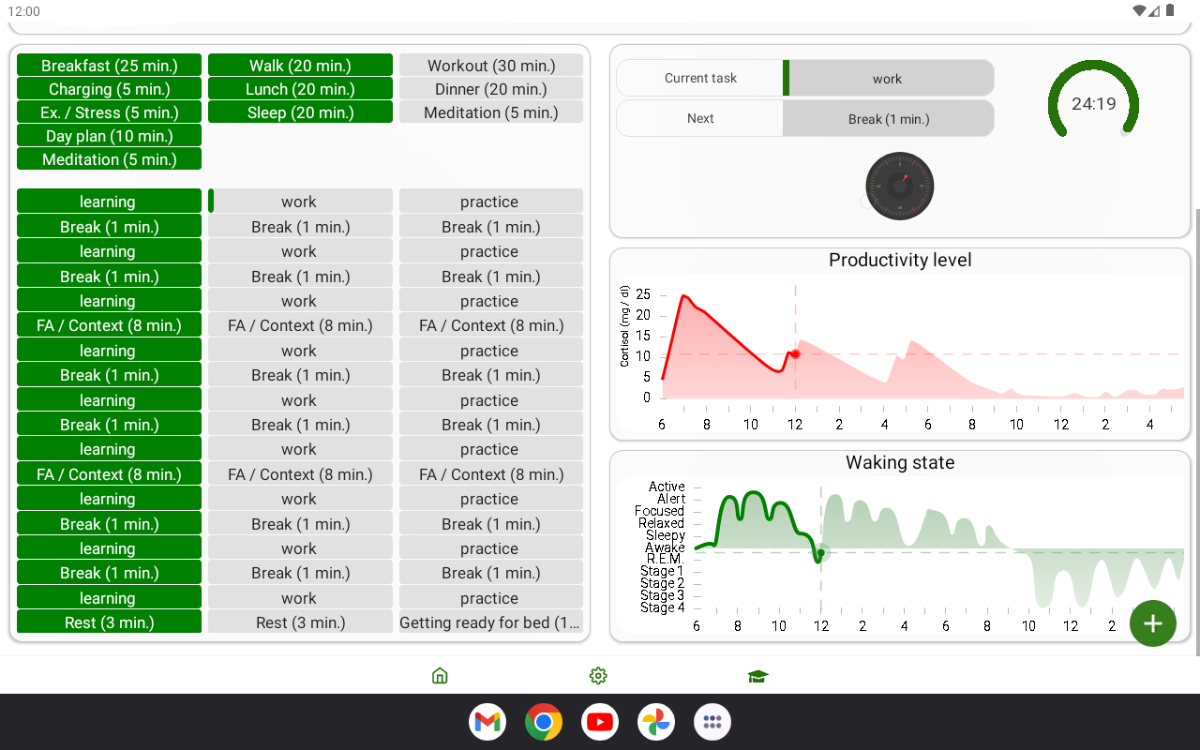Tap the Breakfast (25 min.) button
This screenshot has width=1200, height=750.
(109, 66)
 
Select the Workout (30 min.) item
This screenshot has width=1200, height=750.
(491, 66)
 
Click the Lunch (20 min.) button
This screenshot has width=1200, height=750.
(300, 89)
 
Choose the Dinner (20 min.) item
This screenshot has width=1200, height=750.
(491, 89)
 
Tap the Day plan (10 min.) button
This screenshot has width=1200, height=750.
(109, 136)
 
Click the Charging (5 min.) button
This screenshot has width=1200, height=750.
(109, 89)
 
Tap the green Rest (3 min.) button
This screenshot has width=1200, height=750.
(109, 622)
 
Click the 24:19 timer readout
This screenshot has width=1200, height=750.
(1093, 104)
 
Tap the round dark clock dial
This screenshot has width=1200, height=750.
(900, 187)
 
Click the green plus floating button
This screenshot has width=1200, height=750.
(1152, 623)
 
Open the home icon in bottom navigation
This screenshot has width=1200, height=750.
(440, 676)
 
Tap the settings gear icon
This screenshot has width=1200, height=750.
(598, 676)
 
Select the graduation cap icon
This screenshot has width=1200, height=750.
(757, 676)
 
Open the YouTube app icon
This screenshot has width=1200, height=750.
(600, 722)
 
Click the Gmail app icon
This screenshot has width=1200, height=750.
(487, 722)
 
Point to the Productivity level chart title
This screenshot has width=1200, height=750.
(900, 261)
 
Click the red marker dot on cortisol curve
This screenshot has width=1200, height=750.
(795, 354)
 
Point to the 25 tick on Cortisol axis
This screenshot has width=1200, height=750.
(642, 294)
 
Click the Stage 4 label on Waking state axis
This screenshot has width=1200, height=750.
(662, 607)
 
